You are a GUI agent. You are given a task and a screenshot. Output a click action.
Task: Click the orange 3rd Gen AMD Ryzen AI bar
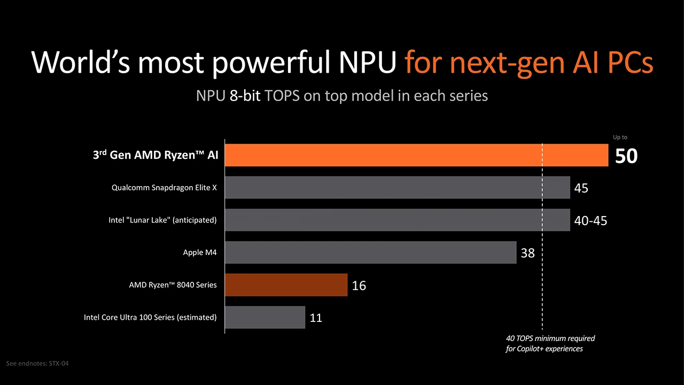(416, 155)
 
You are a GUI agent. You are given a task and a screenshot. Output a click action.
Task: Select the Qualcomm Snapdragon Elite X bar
(397, 188)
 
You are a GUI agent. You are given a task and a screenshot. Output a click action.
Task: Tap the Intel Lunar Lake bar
(397, 220)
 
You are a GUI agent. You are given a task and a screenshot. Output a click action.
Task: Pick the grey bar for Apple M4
(370, 252)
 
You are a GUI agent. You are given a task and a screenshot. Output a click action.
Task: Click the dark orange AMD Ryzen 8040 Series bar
(286, 285)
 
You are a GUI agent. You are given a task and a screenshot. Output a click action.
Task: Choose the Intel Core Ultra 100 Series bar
(265, 317)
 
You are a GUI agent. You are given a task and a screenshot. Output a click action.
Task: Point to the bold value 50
(626, 156)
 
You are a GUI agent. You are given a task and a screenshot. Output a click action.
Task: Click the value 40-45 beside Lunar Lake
(590, 220)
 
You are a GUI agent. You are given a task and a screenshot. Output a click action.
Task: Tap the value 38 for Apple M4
(527, 253)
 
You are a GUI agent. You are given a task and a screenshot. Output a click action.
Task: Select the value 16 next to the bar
(359, 286)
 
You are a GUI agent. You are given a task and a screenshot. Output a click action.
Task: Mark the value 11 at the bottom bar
(316, 318)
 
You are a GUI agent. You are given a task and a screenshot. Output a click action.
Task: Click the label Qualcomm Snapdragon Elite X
(164, 188)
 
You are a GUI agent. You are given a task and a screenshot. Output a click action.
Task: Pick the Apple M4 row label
(200, 252)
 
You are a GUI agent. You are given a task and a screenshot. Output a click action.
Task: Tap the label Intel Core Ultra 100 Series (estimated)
(150, 317)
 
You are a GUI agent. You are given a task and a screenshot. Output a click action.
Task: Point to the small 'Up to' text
(620, 137)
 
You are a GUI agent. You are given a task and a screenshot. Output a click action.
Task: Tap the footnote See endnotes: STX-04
(37, 364)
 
